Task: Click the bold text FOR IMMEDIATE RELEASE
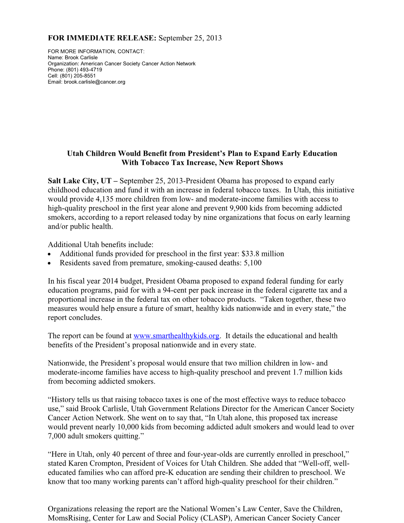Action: tap(102, 38)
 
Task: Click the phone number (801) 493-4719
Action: tap(84, 70)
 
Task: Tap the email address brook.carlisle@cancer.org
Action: tap(94, 82)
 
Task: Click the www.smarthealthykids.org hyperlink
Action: tap(176, 336)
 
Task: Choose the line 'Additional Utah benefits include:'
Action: tap(101, 245)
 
